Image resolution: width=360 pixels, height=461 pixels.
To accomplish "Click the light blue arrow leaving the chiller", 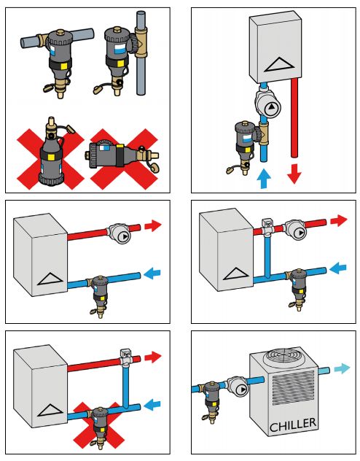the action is click(x=342, y=368).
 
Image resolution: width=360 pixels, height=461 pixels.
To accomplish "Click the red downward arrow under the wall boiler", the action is click(x=294, y=174).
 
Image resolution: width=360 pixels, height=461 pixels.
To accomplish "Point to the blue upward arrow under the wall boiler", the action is click(x=264, y=178).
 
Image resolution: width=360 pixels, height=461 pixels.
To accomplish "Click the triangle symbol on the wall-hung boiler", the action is click(x=280, y=65).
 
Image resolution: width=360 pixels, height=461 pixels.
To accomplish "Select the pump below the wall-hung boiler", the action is click(x=267, y=104).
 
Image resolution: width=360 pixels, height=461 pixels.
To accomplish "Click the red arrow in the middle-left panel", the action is click(x=153, y=226).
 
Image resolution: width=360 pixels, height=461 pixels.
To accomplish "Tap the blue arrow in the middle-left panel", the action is click(x=152, y=272).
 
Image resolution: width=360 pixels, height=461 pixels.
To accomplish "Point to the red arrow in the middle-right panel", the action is click(x=339, y=220).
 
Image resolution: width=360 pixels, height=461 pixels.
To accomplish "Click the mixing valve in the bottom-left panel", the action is click(x=125, y=357).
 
